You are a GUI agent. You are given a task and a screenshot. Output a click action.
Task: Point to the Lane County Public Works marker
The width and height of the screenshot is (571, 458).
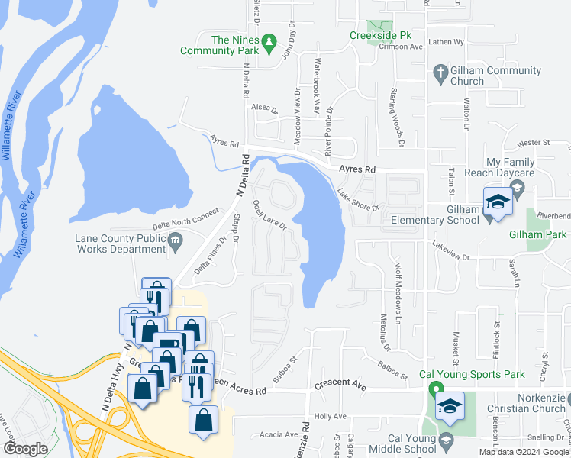click(x=176, y=243)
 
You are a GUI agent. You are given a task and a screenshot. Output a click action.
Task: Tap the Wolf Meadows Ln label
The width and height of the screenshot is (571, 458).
click(x=398, y=282)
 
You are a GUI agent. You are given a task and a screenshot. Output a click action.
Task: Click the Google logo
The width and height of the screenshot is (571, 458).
click(x=25, y=449)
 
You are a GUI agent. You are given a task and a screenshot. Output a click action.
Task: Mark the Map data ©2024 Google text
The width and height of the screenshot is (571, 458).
click(x=523, y=452)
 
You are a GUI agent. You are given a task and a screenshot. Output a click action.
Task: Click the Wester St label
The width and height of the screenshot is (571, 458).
click(x=533, y=143)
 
